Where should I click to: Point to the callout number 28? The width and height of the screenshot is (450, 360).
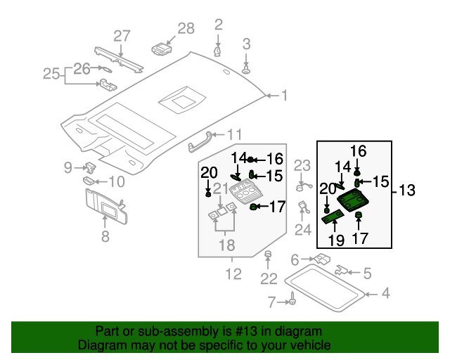186,29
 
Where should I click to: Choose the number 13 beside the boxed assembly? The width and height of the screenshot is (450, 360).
407,190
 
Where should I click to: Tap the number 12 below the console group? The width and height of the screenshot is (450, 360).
232,273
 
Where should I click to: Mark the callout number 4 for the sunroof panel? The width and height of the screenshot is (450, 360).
385,293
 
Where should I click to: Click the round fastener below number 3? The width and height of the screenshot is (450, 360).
247,71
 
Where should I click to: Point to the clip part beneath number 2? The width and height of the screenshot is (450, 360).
217,51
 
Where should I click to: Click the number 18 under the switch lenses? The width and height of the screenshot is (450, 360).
225,245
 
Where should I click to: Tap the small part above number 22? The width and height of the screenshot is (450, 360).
268,254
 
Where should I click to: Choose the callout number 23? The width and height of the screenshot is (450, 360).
302,166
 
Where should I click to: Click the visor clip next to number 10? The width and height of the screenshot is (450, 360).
89,181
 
